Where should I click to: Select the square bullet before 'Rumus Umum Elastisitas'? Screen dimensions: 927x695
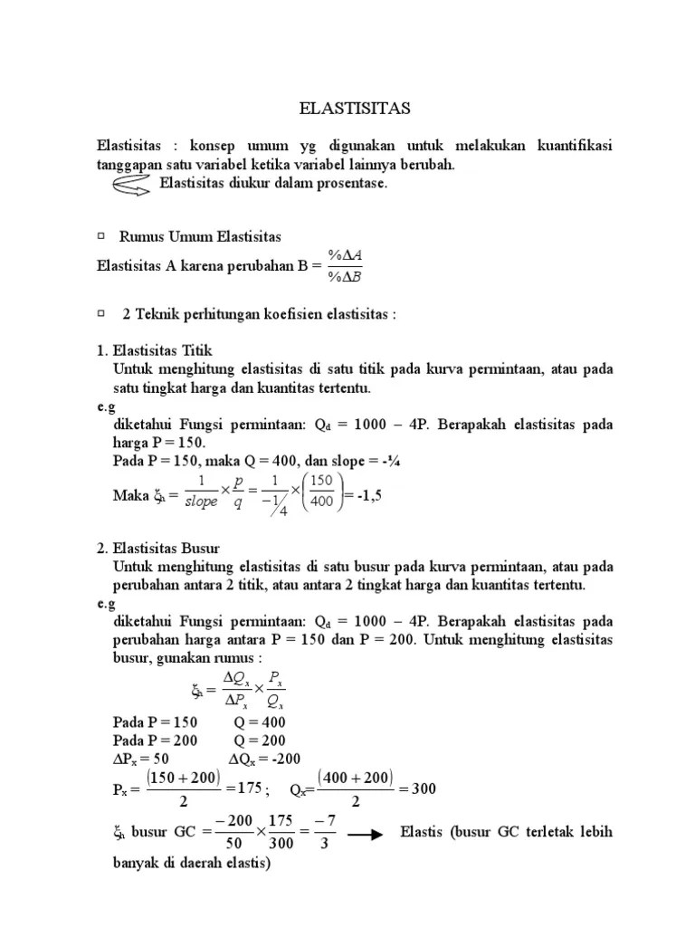click(100, 236)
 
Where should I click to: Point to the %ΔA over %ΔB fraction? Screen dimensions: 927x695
click(345, 266)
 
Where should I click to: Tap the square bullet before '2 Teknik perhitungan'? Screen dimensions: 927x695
click(100, 312)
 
